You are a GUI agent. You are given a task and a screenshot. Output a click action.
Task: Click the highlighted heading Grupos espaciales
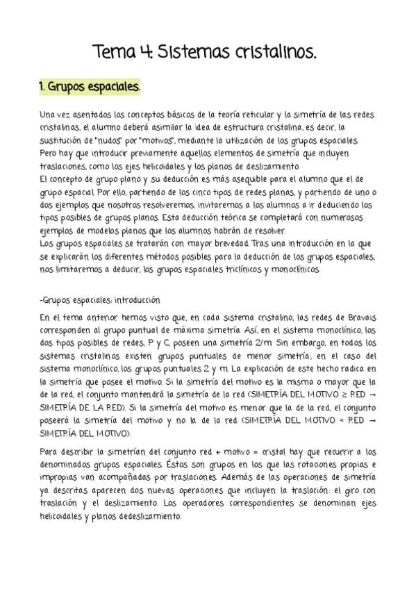click(x=90, y=88)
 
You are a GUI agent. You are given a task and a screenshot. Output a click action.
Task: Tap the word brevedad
click(x=229, y=244)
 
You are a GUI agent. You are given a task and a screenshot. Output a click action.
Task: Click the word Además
click(x=242, y=479)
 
